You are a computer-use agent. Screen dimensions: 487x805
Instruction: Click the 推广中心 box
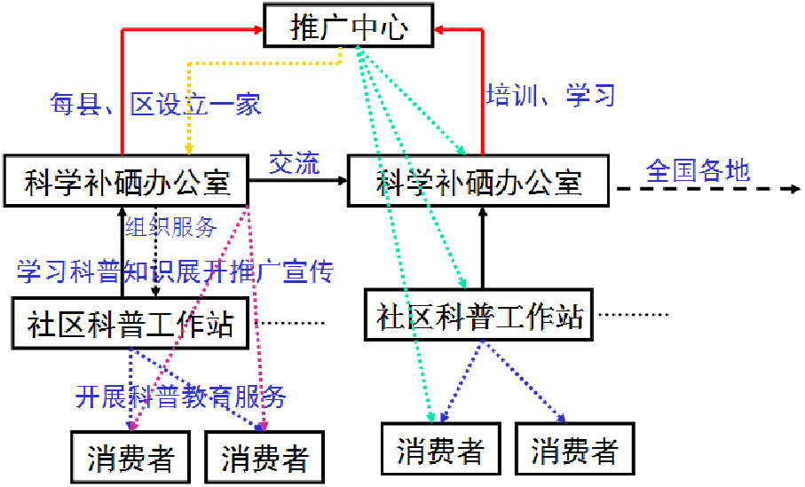coord(350,27)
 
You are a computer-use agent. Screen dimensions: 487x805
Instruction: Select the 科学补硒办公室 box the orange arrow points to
coord(126,182)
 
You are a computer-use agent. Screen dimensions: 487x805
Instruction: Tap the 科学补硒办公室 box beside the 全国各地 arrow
coord(478,182)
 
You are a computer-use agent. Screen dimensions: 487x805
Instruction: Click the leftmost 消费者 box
coord(130,457)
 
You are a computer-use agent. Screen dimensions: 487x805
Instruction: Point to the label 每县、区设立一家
coord(155,105)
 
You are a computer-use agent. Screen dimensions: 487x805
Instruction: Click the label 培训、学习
coord(550,95)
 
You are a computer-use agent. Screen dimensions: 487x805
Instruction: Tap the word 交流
coord(295,163)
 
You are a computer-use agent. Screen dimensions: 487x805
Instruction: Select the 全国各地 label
coord(698,169)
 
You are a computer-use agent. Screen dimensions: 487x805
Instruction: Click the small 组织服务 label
coord(171,227)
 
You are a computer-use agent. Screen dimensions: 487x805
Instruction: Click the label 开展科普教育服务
coord(181,397)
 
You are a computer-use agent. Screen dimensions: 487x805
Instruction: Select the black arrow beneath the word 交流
coord(297,180)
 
